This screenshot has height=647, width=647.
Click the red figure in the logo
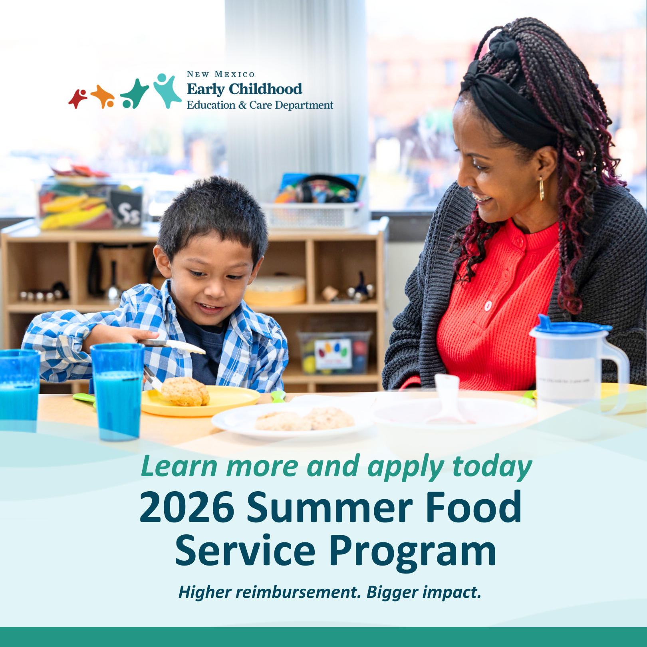(77, 98)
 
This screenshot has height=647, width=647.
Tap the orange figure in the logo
(103, 97)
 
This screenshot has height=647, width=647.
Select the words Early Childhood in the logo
(244, 89)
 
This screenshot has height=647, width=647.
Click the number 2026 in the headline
(187, 507)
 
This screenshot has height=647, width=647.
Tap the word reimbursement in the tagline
(298, 592)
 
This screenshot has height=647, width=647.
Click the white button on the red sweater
(488, 306)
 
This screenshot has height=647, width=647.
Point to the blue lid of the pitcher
(571, 326)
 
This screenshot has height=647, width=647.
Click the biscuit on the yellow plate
(185, 392)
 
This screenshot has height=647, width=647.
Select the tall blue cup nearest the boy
(117, 392)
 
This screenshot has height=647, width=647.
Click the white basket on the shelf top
(314, 214)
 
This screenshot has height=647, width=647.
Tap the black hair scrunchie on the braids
(504, 45)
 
